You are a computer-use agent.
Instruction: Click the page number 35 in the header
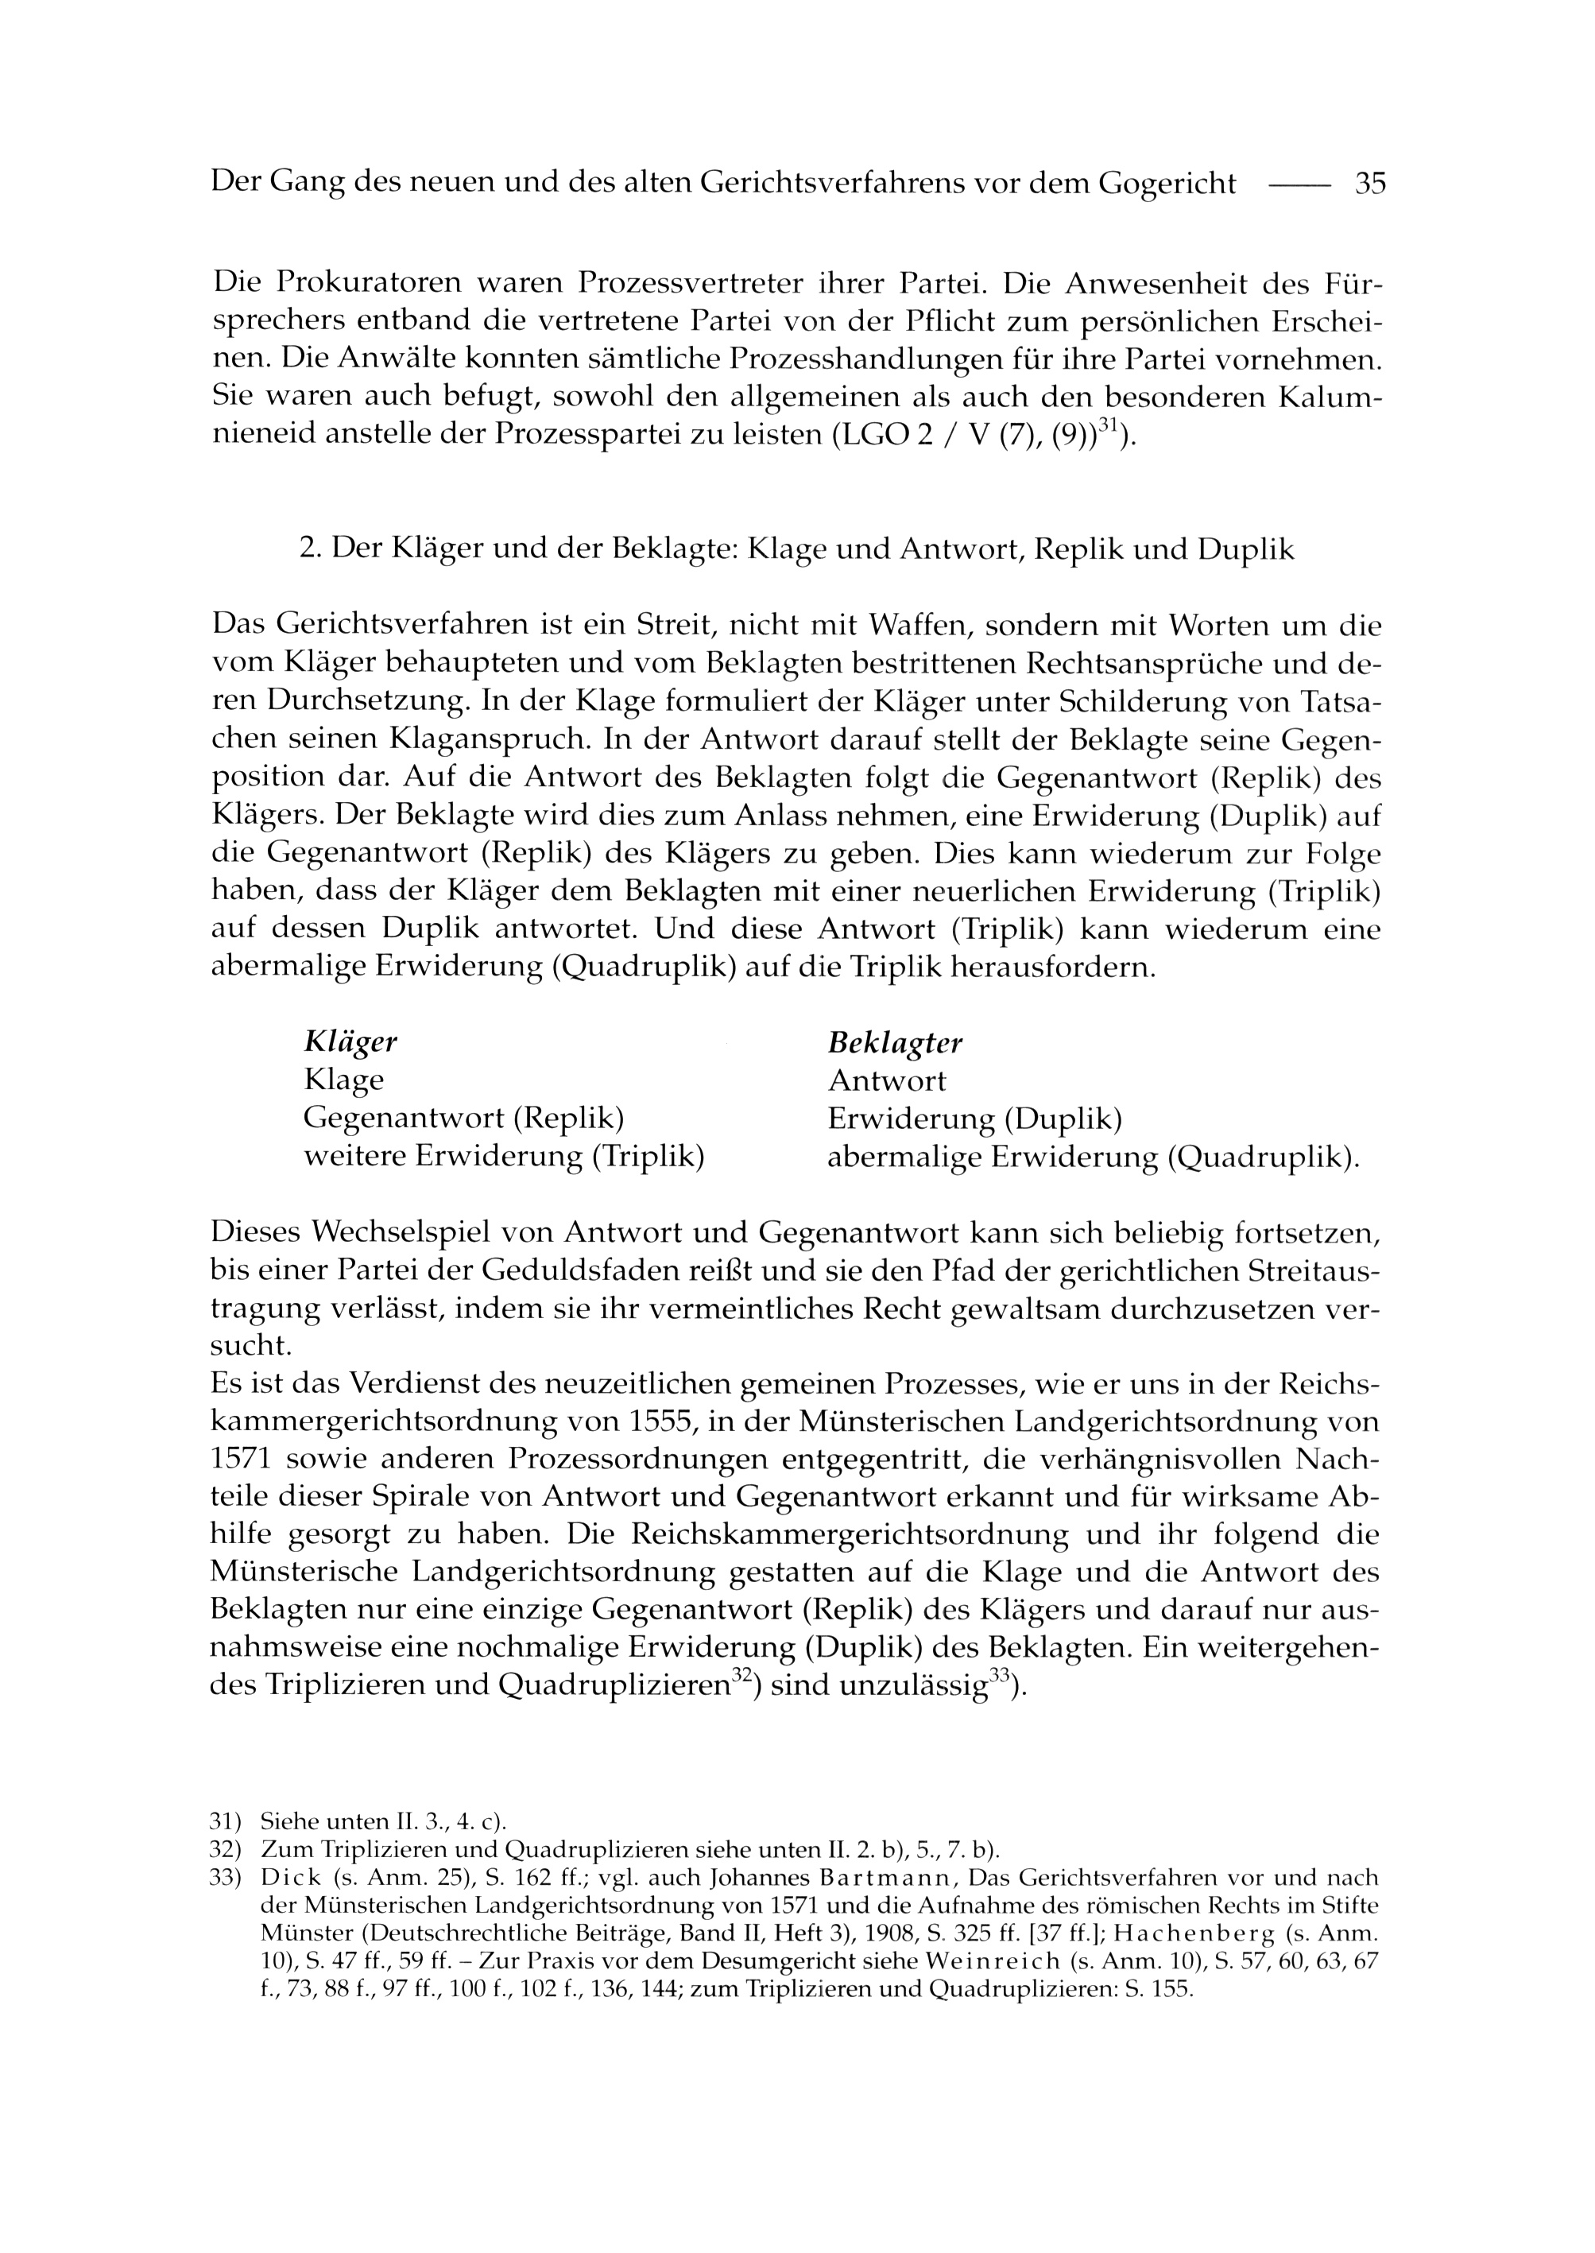click(x=1369, y=184)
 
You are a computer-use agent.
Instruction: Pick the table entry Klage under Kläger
click(x=344, y=1081)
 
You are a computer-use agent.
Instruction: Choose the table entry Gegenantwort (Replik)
click(x=465, y=1119)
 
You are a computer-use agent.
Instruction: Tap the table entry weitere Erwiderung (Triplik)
click(x=504, y=1157)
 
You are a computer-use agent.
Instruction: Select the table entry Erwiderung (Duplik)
click(x=974, y=1119)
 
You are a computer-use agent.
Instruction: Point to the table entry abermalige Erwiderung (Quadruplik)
click(x=1093, y=1158)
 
